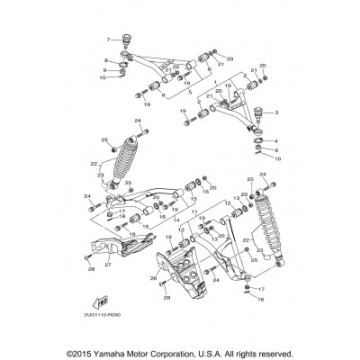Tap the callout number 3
click(x=277, y=112)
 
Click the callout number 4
click(x=277, y=140)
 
